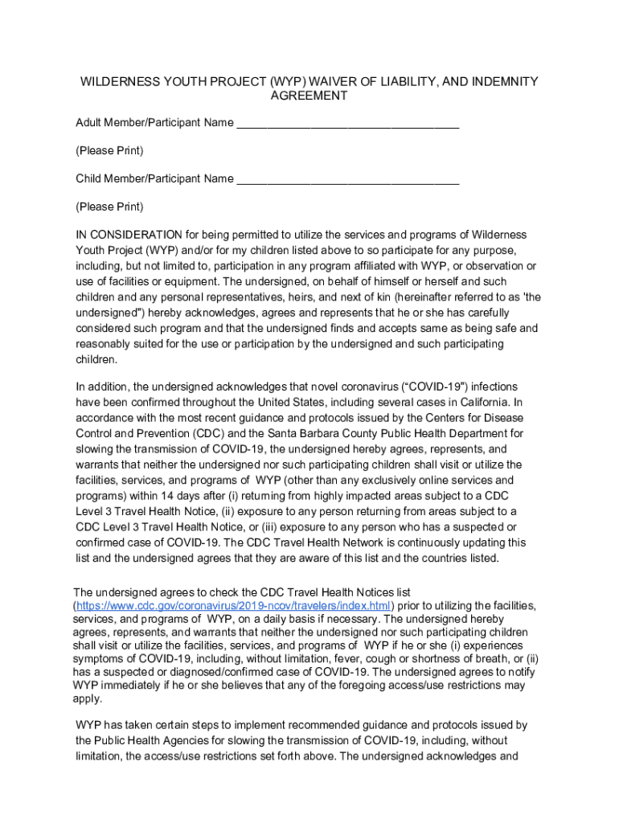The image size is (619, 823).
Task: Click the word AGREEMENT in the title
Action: [x=309, y=96]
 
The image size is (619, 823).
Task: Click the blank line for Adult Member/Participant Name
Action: [x=348, y=125]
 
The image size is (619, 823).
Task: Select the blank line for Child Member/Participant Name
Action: [x=348, y=180]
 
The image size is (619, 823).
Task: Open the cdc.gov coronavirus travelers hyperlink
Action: [x=233, y=605]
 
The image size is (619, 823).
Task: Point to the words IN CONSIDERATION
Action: [x=129, y=235]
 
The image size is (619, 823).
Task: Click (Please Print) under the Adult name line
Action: [x=109, y=151]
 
